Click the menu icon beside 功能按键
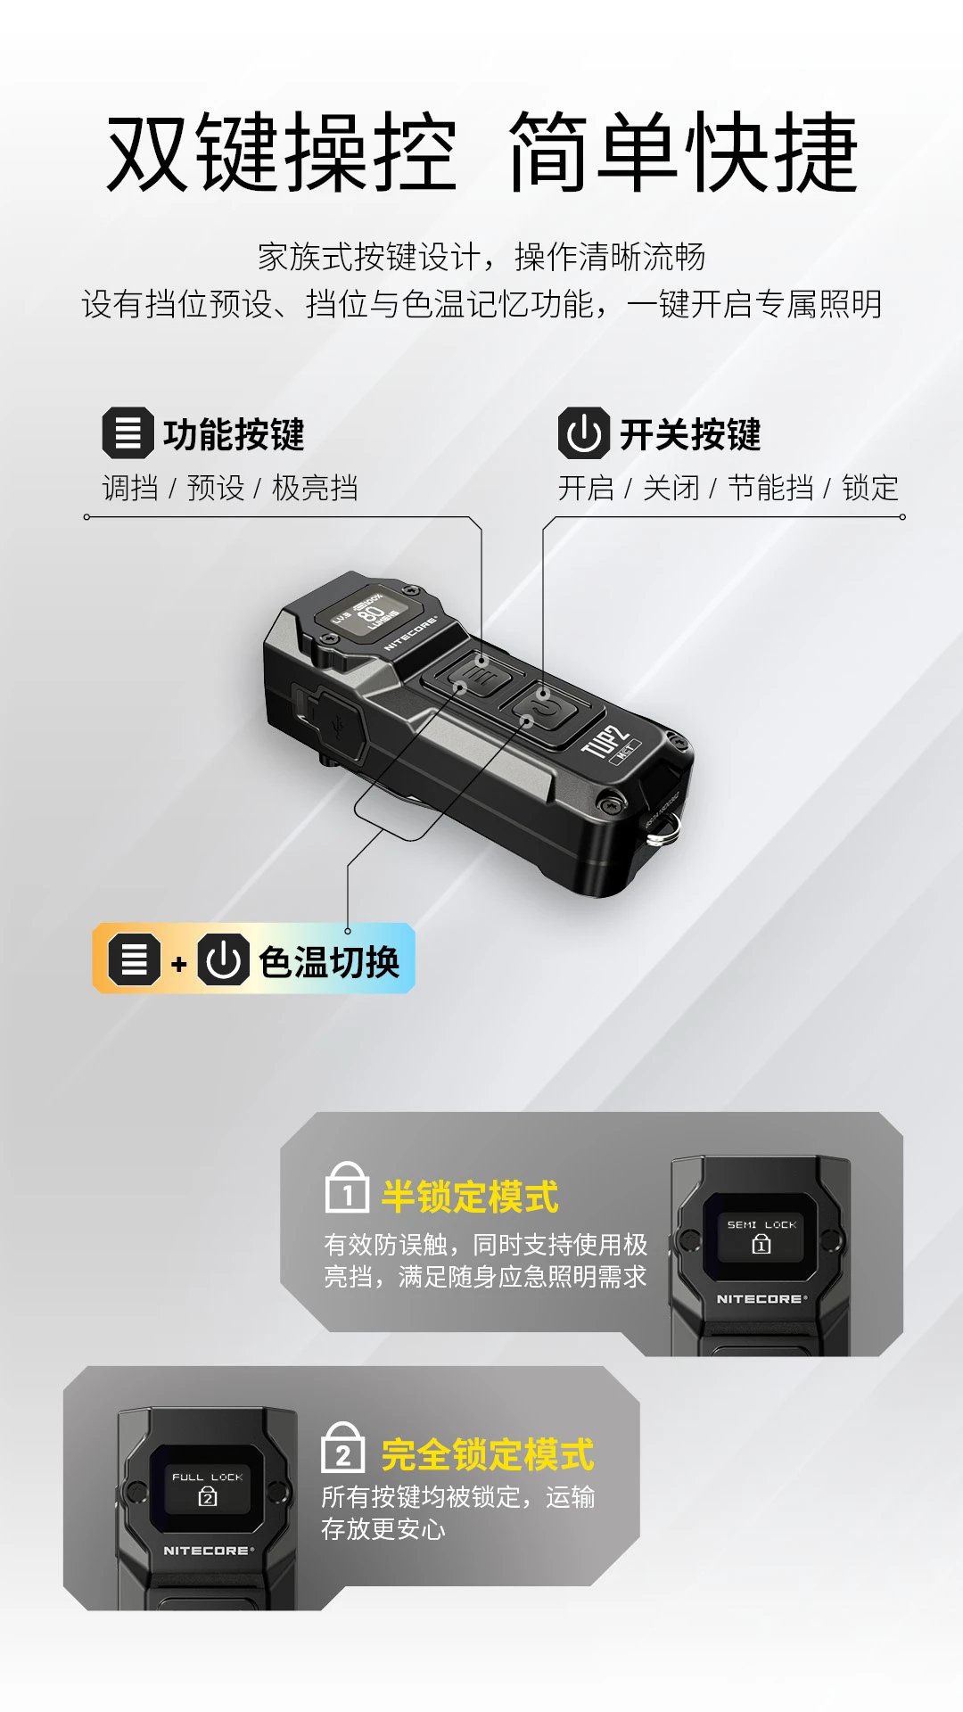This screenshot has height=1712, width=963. point(128,433)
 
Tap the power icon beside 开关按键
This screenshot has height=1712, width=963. point(584,433)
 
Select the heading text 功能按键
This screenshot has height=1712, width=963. point(234,434)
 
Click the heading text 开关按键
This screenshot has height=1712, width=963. point(690,434)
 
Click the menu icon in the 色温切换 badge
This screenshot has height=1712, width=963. point(135,959)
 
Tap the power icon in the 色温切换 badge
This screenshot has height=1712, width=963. point(223,959)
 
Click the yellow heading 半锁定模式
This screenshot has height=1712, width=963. point(470,1197)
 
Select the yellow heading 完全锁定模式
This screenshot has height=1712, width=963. point(488,1454)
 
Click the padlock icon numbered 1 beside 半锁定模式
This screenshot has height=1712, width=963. point(347,1187)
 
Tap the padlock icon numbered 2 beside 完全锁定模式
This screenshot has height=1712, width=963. point(342,1448)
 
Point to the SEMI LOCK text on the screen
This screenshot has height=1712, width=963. point(761,1225)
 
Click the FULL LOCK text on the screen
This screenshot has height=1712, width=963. point(207,1477)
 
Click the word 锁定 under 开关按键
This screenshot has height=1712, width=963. point(870,488)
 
